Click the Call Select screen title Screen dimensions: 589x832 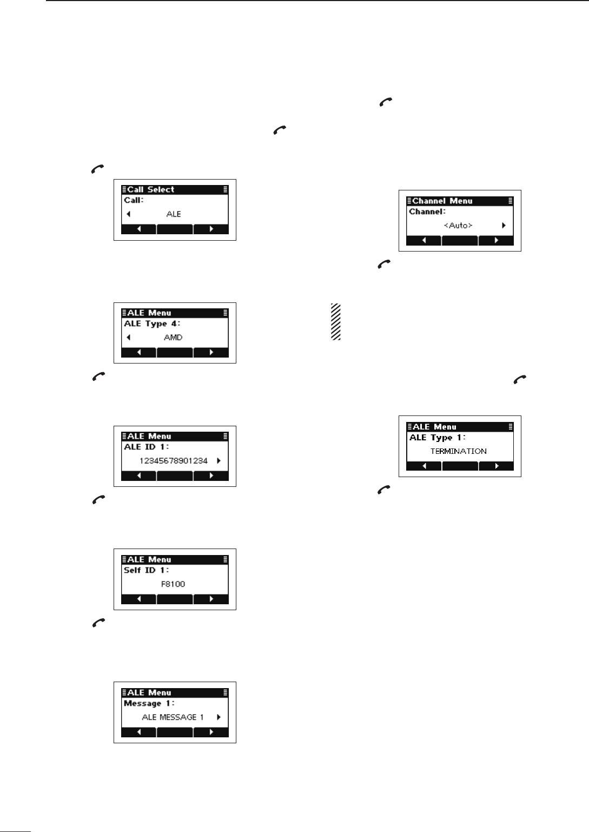click(x=150, y=189)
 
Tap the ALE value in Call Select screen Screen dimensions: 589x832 click(x=174, y=214)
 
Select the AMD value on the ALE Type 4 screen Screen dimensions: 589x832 click(x=174, y=338)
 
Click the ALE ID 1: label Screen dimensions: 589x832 click(x=147, y=447)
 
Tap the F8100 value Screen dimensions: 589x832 click(x=174, y=584)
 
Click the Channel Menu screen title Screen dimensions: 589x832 click(x=442, y=201)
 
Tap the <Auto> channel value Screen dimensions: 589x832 click(x=458, y=226)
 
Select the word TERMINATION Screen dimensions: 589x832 click(x=458, y=451)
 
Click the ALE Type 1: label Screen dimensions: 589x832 click(x=438, y=437)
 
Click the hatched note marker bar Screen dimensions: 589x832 click(x=336, y=321)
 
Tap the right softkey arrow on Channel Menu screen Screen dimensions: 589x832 click(x=496, y=241)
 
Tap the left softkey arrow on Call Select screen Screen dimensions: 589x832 click(x=138, y=229)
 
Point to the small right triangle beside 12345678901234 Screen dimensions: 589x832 click(x=219, y=461)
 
